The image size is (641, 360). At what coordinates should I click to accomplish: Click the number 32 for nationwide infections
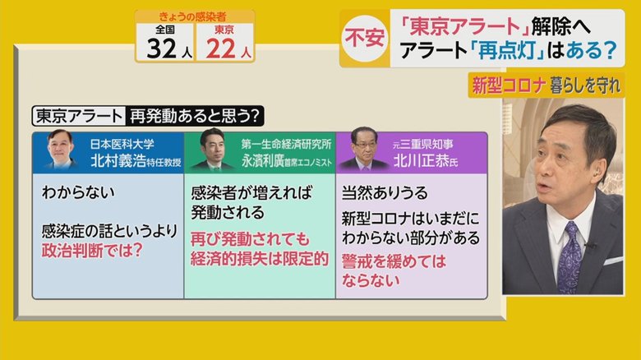162,48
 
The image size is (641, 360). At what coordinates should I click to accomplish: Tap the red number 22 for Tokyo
221,48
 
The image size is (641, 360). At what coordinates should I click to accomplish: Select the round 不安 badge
364,38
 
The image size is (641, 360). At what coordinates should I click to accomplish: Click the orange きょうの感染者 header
192,16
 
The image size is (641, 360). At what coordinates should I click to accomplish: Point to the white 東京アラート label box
78,116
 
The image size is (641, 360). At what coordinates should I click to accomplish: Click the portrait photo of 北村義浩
61,148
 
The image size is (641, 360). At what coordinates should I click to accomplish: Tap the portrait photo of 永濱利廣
213,149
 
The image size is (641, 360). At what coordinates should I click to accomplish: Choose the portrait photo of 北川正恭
363,149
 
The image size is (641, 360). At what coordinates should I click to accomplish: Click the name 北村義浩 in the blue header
118,161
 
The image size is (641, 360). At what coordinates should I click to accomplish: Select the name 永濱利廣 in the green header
262,161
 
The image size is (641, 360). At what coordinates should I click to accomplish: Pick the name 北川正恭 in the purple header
422,161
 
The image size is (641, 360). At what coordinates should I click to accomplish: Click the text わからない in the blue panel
78,192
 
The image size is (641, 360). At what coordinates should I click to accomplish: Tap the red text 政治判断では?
92,251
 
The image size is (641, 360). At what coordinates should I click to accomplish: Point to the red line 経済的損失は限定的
260,259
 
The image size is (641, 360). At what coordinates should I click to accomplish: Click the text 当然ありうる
385,192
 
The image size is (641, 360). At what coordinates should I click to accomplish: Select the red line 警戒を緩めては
394,261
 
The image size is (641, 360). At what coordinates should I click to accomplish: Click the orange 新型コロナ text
509,85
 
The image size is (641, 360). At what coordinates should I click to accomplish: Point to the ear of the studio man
597,171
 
